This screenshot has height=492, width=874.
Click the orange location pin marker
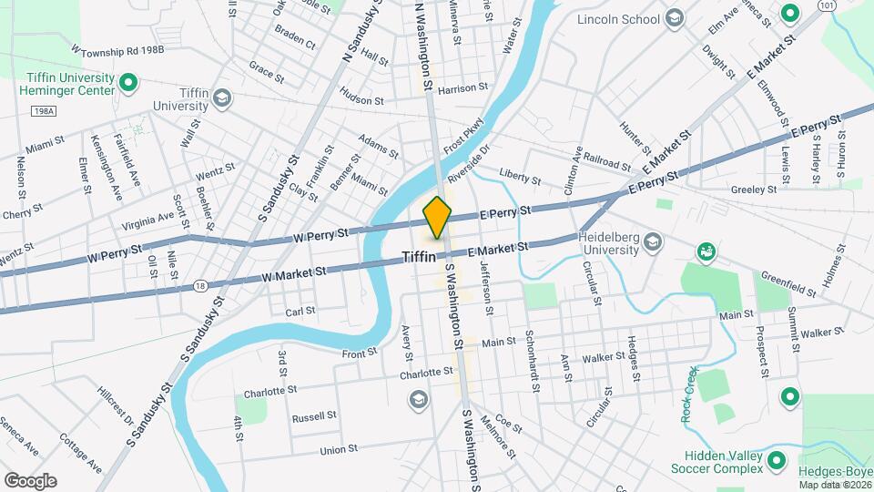click(437, 217)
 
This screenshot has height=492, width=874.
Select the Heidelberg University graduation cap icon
click(652, 242)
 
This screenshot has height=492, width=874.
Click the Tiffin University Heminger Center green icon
click(128, 84)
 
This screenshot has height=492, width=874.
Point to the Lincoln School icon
click(674, 18)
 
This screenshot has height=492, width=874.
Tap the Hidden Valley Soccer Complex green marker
click(777, 459)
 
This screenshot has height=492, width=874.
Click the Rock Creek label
click(689, 395)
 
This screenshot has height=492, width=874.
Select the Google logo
click(30, 480)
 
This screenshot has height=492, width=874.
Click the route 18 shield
click(198, 286)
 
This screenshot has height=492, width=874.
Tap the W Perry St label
click(320, 234)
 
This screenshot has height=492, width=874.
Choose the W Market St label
click(293, 272)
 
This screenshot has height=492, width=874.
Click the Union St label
click(338, 450)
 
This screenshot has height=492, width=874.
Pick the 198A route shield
click(42, 110)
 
